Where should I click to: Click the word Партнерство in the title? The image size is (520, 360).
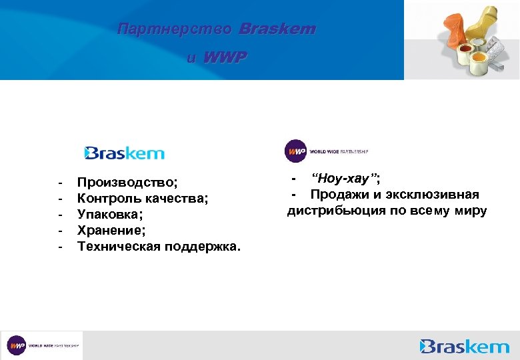(174, 29)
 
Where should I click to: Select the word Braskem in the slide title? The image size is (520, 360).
(277, 29)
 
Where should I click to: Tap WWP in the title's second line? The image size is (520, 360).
(225, 58)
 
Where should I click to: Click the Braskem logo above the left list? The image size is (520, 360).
(125, 153)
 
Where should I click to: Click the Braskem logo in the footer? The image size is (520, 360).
(465, 346)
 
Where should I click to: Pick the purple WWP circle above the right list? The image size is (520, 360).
(296, 151)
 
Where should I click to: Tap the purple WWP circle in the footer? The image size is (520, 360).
(17, 346)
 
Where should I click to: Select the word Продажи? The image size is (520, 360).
(341, 195)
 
